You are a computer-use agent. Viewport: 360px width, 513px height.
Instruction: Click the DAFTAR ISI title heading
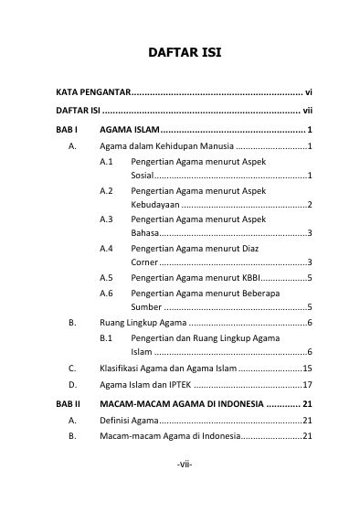184,54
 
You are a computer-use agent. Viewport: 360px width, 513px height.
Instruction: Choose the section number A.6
106,293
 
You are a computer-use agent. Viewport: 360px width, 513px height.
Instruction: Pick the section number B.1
106,337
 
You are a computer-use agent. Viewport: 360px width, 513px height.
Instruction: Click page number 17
308,384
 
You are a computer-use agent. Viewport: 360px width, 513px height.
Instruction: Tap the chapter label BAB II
68,403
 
